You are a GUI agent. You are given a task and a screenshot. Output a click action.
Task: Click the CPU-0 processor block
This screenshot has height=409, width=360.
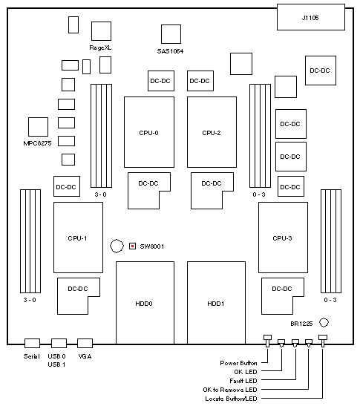(x=149, y=132)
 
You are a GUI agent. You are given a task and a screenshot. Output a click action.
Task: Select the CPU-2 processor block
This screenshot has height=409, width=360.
(x=212, y=132)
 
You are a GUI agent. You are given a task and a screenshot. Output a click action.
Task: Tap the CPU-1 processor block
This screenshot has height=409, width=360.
(x=78, y=238)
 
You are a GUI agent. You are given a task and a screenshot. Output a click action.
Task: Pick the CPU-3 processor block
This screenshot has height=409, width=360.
(x=283, y=238)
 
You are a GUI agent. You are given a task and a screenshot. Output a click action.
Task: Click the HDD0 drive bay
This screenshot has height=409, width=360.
(x=145, y=303)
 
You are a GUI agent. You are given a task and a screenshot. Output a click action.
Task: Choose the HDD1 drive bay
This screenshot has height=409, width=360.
(x=216, y=303)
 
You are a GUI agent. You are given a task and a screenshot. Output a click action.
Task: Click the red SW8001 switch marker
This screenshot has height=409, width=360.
(x=133, y=246)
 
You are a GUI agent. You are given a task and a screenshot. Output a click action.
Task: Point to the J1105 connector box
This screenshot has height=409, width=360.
(x=311, y=17)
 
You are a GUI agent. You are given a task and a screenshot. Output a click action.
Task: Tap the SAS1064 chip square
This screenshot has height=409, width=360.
(x=171, y=34)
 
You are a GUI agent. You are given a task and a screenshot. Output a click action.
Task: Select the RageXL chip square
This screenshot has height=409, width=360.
(x=101, y=31)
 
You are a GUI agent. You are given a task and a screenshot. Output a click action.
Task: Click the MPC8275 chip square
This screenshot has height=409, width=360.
(x=38, y=127)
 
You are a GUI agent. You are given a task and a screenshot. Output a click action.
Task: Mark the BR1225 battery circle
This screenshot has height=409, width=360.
(x=324, y=323)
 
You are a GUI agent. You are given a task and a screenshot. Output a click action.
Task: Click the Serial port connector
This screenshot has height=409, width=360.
(x=32, y=343)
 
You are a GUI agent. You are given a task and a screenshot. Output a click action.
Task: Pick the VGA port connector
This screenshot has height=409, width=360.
(x=85, y=343)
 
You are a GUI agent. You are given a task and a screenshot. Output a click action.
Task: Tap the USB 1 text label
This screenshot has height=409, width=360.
(x=56, y=364)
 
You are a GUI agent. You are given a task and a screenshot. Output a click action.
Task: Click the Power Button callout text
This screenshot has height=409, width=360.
(x=238, y=363)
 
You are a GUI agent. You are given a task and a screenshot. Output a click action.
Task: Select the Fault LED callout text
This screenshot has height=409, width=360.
(x=243, y=381)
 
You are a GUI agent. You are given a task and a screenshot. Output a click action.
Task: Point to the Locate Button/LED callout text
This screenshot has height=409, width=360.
(x=231, y=399)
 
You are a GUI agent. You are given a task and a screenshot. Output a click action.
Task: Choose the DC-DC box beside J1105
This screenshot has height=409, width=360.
(x=321, y=71)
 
